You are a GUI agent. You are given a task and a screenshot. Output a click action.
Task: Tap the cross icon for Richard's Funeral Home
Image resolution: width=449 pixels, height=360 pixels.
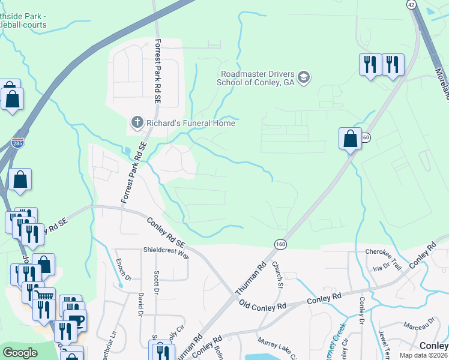136,123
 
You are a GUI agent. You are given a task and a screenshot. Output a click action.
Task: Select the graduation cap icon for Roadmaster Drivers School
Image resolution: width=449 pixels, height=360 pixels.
304,77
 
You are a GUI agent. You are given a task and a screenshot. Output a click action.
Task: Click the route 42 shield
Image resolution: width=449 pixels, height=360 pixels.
411,4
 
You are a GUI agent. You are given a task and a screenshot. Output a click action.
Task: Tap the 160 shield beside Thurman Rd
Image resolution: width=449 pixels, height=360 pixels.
280,244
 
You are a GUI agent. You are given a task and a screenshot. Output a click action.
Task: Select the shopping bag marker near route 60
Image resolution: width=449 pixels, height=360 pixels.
350,139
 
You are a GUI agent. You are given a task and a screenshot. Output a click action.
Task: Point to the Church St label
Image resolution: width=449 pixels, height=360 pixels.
277,274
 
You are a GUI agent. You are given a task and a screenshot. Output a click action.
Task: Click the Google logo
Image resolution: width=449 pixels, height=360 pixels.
20,353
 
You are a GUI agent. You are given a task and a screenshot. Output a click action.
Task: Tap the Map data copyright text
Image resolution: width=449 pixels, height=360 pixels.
422,355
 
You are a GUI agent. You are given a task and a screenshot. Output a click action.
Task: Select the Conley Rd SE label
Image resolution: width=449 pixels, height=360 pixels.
166,230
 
